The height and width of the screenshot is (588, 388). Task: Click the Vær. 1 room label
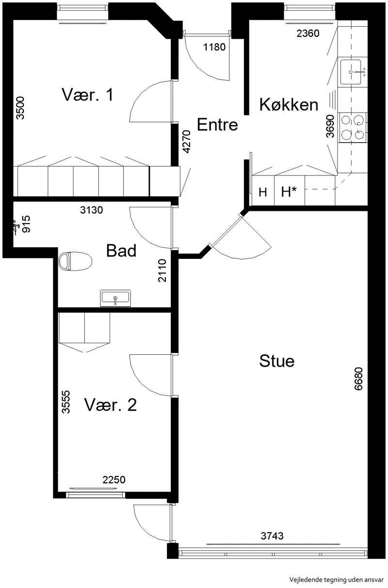(88, 95)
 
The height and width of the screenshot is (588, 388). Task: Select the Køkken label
(289, 105)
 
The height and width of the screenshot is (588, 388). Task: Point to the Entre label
(217, 125)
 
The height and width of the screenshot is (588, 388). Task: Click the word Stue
(277, 361)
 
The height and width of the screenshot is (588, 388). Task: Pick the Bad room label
(121, 251)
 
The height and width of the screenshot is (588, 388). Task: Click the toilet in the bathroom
(75, 261)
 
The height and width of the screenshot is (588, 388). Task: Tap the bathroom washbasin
(115, 298)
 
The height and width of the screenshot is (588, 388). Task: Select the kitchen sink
(351, 72)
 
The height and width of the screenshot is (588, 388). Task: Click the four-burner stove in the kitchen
(352, 127)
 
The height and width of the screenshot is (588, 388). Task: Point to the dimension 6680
(358, 379)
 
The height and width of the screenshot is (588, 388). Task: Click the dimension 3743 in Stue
(272, 536)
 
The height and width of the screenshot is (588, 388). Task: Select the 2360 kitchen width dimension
(308, 33)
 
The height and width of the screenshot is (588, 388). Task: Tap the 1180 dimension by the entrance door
(214, 47)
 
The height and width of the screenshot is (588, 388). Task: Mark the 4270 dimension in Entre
(187, 142)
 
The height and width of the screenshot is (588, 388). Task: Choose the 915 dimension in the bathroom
(26, 224)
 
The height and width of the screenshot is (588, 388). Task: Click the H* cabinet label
(289, 192)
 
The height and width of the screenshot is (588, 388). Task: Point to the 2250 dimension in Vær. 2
(114, 480)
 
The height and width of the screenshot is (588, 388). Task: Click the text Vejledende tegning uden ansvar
(337, 579)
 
